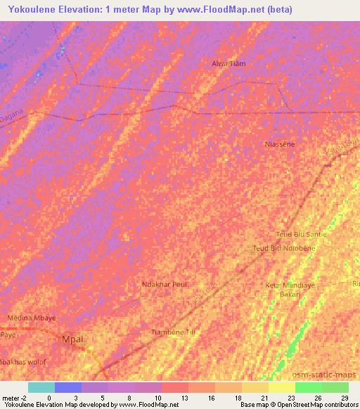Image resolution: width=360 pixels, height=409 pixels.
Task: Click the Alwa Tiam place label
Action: pyautogui.click(x=229, y=63)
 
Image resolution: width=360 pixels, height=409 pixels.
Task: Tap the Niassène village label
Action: pyautogui.click(x=279, y=144)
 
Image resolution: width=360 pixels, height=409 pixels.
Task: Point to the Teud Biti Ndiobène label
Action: pyautogui.click(x=284, y=248)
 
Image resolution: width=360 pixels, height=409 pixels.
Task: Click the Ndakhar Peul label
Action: pyautogui.click(x=165, y=285)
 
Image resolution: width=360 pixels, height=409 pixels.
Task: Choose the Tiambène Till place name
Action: pyautogui.click(x=173, y=332)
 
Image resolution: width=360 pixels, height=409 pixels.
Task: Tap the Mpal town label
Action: pyautogui.click(x=72, y=339)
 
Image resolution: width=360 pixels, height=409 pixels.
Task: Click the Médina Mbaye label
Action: pyautogui.click(x=31, y=318)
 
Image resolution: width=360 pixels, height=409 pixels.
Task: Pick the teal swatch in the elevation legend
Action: pyautogui.click(x=41, y=387)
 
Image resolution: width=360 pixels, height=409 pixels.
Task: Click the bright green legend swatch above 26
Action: pyautogui.click(x=308, y=387)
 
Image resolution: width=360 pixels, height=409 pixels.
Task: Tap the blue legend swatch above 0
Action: pyautogui.click(x=68, y=387)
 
